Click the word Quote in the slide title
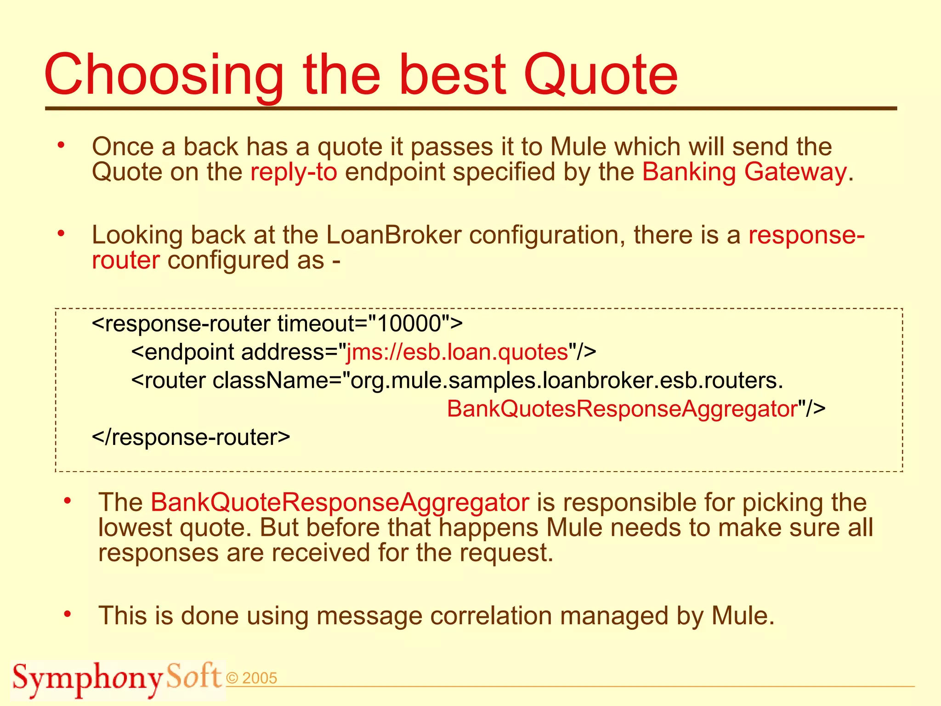tap(601, 75)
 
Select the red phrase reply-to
tap(294, 172)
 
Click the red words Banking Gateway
tap(744, 172)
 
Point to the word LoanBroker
tap(393, 235)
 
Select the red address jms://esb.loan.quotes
tap(457, 352)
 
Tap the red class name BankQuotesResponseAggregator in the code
tap(622, 409)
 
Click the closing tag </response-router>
tap(191, 437)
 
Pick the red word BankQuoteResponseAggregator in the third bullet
tap(340, 502)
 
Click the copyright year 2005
tap(259, 678)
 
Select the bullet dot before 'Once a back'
tap(61, 146)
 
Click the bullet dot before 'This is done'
tap(68, 614)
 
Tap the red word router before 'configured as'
tap(126, 260)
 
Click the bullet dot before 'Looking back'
tap(61, 234)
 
